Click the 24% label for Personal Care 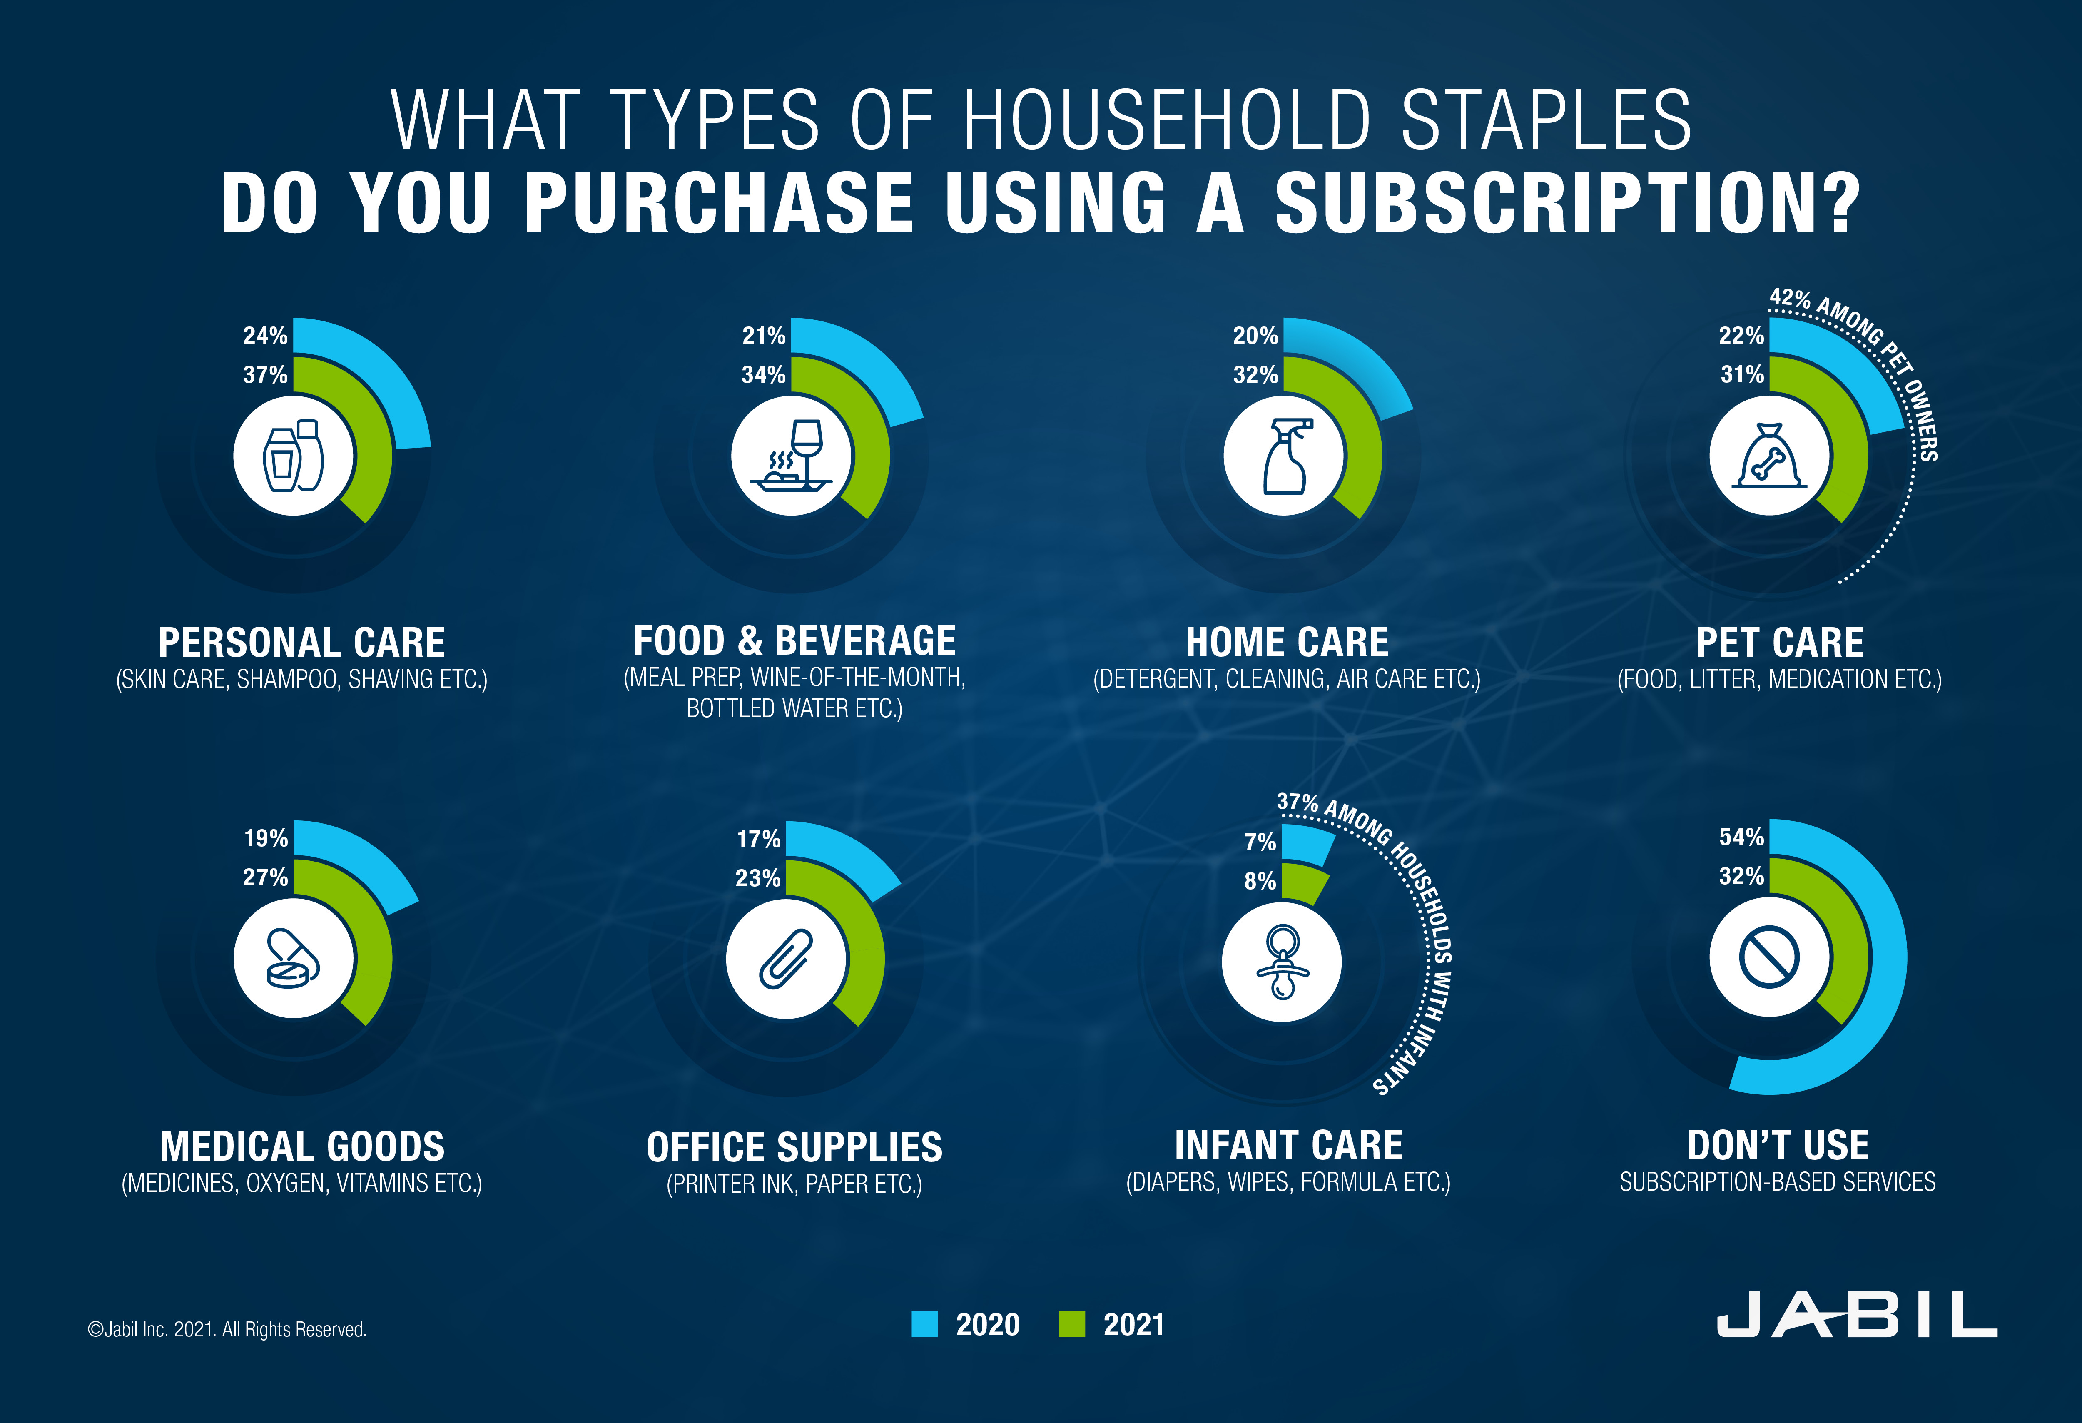click(265, 336)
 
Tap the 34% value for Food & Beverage click(763, 374)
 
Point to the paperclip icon click(786, 959)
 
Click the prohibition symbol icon click(1769, 957)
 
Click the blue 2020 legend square click(924, 1323)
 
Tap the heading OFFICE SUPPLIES click(794, 1147)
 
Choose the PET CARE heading click(1779, 643)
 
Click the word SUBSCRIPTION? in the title click(1568, 203)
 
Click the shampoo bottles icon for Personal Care click(293, 456)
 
